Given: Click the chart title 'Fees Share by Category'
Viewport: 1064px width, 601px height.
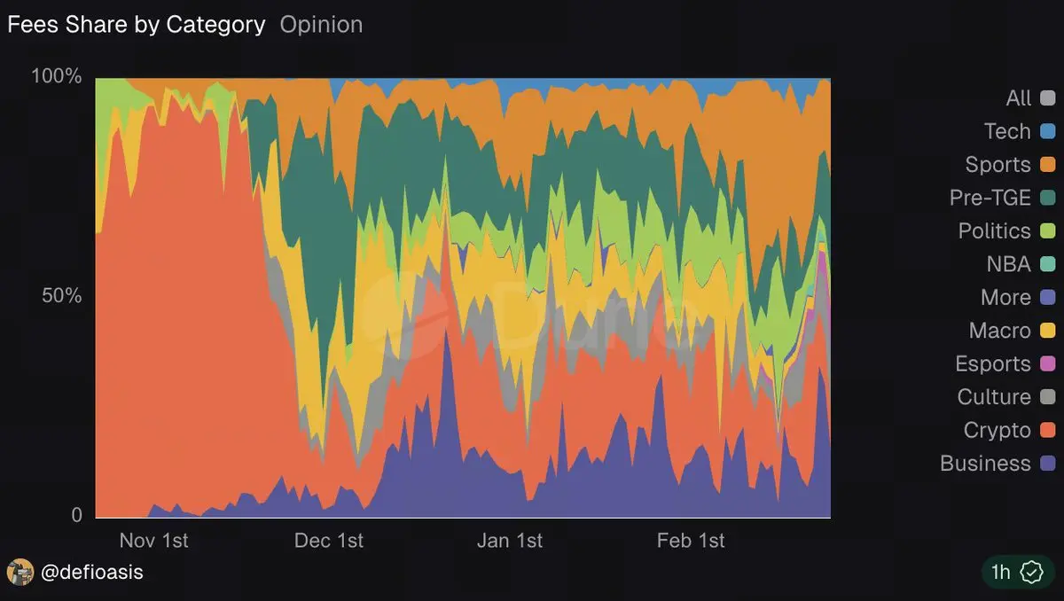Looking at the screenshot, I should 137,25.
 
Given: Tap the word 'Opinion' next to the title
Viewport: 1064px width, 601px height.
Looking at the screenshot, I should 321,25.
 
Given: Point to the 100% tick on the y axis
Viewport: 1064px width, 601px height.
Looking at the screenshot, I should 57,76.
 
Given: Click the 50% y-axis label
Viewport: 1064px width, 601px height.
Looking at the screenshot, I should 62,295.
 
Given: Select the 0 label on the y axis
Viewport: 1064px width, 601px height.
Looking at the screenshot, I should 76,515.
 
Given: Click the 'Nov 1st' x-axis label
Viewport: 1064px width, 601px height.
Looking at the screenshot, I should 153,541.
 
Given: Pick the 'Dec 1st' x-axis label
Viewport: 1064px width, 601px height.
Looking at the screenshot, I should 329,541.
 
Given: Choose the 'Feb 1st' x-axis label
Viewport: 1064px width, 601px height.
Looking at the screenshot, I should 691,541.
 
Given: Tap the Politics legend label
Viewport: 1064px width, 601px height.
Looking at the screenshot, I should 994,231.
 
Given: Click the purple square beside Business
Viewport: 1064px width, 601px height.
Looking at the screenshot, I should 1047,464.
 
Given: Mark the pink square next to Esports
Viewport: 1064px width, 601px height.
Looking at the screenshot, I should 1047,364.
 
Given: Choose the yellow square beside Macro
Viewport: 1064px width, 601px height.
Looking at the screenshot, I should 1047,331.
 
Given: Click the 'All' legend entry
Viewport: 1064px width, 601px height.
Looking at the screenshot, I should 1019,98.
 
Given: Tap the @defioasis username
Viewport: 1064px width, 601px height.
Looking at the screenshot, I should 92,573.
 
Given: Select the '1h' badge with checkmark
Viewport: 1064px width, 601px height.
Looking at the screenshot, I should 1015,573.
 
